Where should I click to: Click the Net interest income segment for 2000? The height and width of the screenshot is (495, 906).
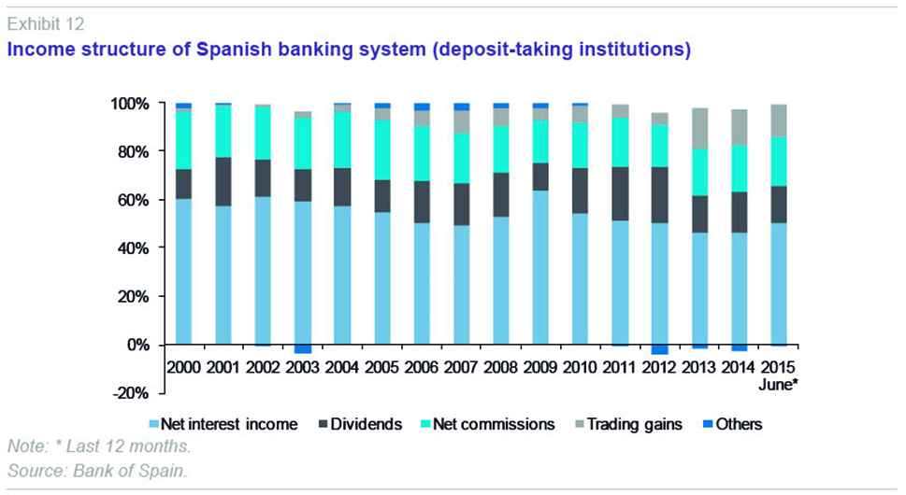click(x=183, y=271)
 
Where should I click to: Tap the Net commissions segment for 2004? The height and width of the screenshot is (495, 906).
click(x=342, y=140)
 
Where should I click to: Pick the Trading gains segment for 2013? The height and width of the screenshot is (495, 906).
click(x=699, y=129)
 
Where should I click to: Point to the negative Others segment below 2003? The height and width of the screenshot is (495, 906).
click(x=302, y=349)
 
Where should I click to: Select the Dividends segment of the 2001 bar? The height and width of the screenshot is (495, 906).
click(x=223, y=182)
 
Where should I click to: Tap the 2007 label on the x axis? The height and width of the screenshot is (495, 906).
click(x=460, y=367)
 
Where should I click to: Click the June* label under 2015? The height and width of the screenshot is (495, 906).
click(x=779, y=384)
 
